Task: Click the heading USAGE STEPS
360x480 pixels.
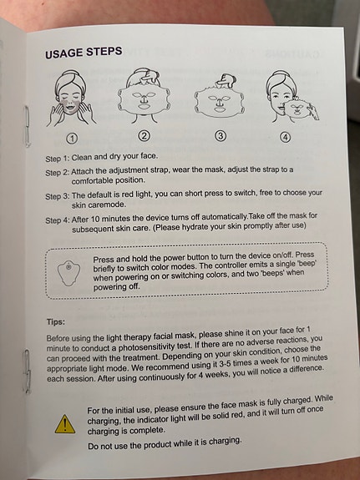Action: click(84, 53)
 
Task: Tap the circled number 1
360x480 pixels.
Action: click(72, 139)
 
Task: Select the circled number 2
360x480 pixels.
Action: click(144, 135)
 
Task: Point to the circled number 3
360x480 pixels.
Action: click(221, 135)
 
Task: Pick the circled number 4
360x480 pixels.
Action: click(285, 137)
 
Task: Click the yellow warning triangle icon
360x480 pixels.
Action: click(65, 424)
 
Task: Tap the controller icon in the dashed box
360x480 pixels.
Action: click(69, 273)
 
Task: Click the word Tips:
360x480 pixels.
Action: click(56, 321)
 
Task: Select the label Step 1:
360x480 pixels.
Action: click(58, 159)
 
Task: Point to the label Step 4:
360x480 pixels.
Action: click(58, 220)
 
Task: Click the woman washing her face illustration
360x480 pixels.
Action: click(71, 99)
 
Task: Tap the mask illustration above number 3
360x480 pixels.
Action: click(220, 97)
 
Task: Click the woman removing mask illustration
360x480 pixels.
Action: click(291, 98)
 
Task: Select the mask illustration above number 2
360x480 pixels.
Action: click(144, 96)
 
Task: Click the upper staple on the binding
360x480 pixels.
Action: click(27, 125)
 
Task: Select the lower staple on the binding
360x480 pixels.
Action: click(27, 371)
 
